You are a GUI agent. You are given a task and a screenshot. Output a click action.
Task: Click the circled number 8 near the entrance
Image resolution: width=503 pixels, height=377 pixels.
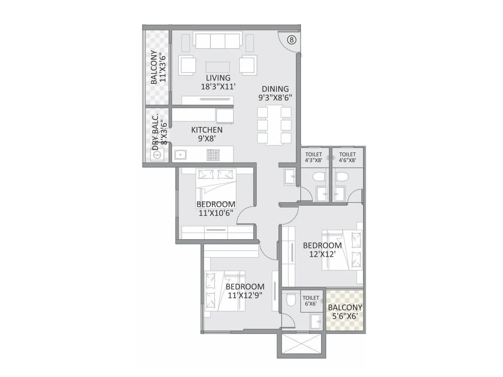[x=292, y=40]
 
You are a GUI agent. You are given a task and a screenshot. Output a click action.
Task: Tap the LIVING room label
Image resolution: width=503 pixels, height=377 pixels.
[x=218, y=82]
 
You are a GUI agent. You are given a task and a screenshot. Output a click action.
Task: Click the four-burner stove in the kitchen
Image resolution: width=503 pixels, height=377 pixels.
[x=213, y=155]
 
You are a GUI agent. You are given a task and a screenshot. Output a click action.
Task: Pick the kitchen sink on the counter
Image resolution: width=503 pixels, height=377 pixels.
[x=181, y=155]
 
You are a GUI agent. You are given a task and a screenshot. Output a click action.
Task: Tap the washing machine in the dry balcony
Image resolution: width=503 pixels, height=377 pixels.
[x=158, y=155]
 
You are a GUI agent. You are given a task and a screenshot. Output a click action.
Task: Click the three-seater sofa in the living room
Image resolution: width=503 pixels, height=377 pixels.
[x=218, y=41]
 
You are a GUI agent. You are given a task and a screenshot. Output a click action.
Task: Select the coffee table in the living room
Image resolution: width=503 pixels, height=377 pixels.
[x=218, y=67]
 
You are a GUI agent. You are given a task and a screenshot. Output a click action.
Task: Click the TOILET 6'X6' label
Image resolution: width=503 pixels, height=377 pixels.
[x=311, y=301]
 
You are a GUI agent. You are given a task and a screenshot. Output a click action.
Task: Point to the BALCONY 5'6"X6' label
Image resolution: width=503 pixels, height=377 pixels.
[x=345, y=312]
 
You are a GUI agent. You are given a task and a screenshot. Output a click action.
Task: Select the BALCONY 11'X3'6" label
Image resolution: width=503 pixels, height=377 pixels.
[x=158, y=67]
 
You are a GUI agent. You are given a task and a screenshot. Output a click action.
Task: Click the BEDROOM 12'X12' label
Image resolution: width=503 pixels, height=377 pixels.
[x=322, y=250]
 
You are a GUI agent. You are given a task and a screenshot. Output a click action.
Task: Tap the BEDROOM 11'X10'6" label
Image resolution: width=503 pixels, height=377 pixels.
[x=215, y=208]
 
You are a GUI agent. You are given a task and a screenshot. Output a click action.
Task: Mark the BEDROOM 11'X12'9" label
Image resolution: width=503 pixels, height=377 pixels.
[x=245, y=291]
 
